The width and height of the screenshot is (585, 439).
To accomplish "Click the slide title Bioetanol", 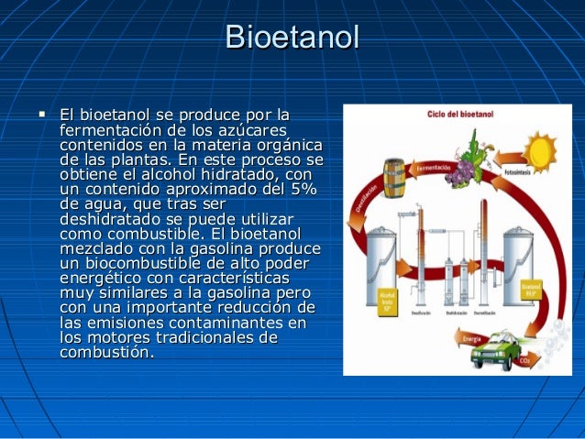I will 292,38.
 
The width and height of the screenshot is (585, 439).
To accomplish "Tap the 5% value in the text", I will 299,190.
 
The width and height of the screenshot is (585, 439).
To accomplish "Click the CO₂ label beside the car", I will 524,360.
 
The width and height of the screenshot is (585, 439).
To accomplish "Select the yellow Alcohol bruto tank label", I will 387,298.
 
